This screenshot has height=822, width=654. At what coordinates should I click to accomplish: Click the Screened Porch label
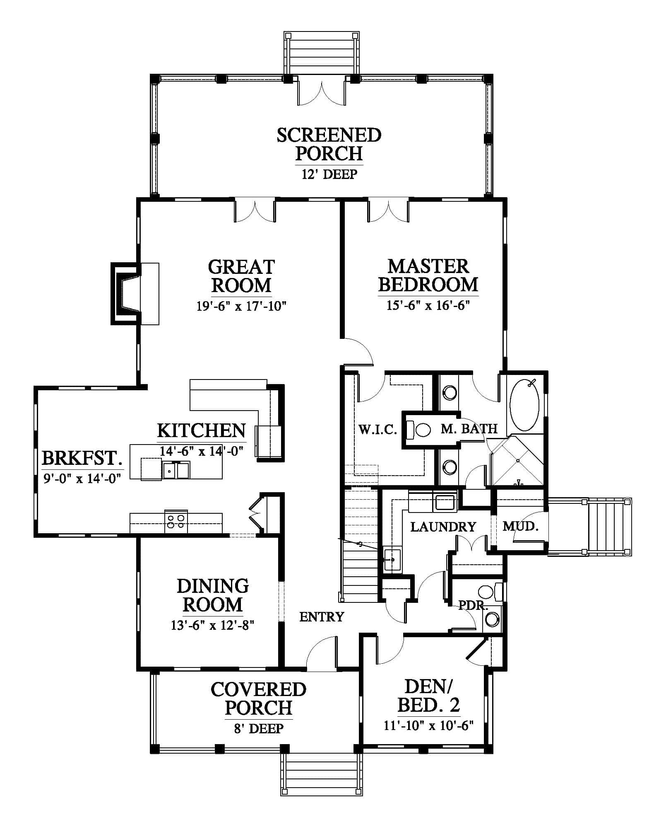pyautogui.click(x=329, y=144)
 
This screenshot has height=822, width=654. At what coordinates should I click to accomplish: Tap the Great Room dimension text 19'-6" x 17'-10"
pyautogui.click(x=242, y=306)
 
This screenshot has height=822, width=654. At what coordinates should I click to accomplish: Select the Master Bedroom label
pyautogui.click(x=428, y=276)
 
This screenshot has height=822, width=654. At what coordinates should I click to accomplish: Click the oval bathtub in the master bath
pyautogui.click(x=524, y=405)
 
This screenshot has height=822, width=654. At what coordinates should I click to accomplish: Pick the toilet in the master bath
pyautogui.click(x=419, y=430)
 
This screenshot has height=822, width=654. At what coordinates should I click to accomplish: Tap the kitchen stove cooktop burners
pyautogui.click(x=176, y=522)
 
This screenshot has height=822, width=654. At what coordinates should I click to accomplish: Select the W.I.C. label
pyautogui.click(x=377, y=430)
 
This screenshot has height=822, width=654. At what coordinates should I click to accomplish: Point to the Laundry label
pyautogui.click(x=443, y=527)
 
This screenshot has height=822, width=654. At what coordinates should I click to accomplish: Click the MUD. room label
pyautogui.click(x=520, y=527)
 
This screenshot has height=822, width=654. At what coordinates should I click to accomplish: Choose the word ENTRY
pyautogui.click(x=322, y=617)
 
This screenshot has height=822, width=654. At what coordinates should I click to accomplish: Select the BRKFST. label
pyautogui.click(x=82, y=458)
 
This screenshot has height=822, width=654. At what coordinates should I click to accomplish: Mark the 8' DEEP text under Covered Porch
pyautogui.click(x=259, y=728)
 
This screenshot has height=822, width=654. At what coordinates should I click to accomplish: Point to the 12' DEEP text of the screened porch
pyautogui.click(x=329, y=174)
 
